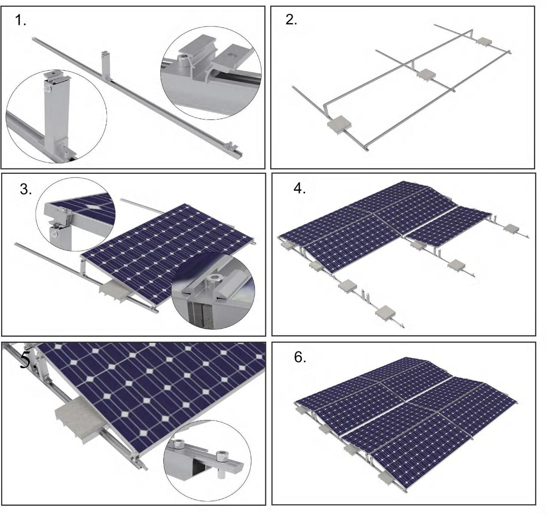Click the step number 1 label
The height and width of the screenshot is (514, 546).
tap(20, 20)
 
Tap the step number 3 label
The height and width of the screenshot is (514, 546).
tap(26, 190)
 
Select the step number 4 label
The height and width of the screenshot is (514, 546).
tap(299, 188)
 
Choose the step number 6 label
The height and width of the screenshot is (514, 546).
tap(300, 357)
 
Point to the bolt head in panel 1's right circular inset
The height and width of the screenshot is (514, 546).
tap(184, 58)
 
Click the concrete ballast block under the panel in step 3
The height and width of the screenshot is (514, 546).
tap(113, 291)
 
